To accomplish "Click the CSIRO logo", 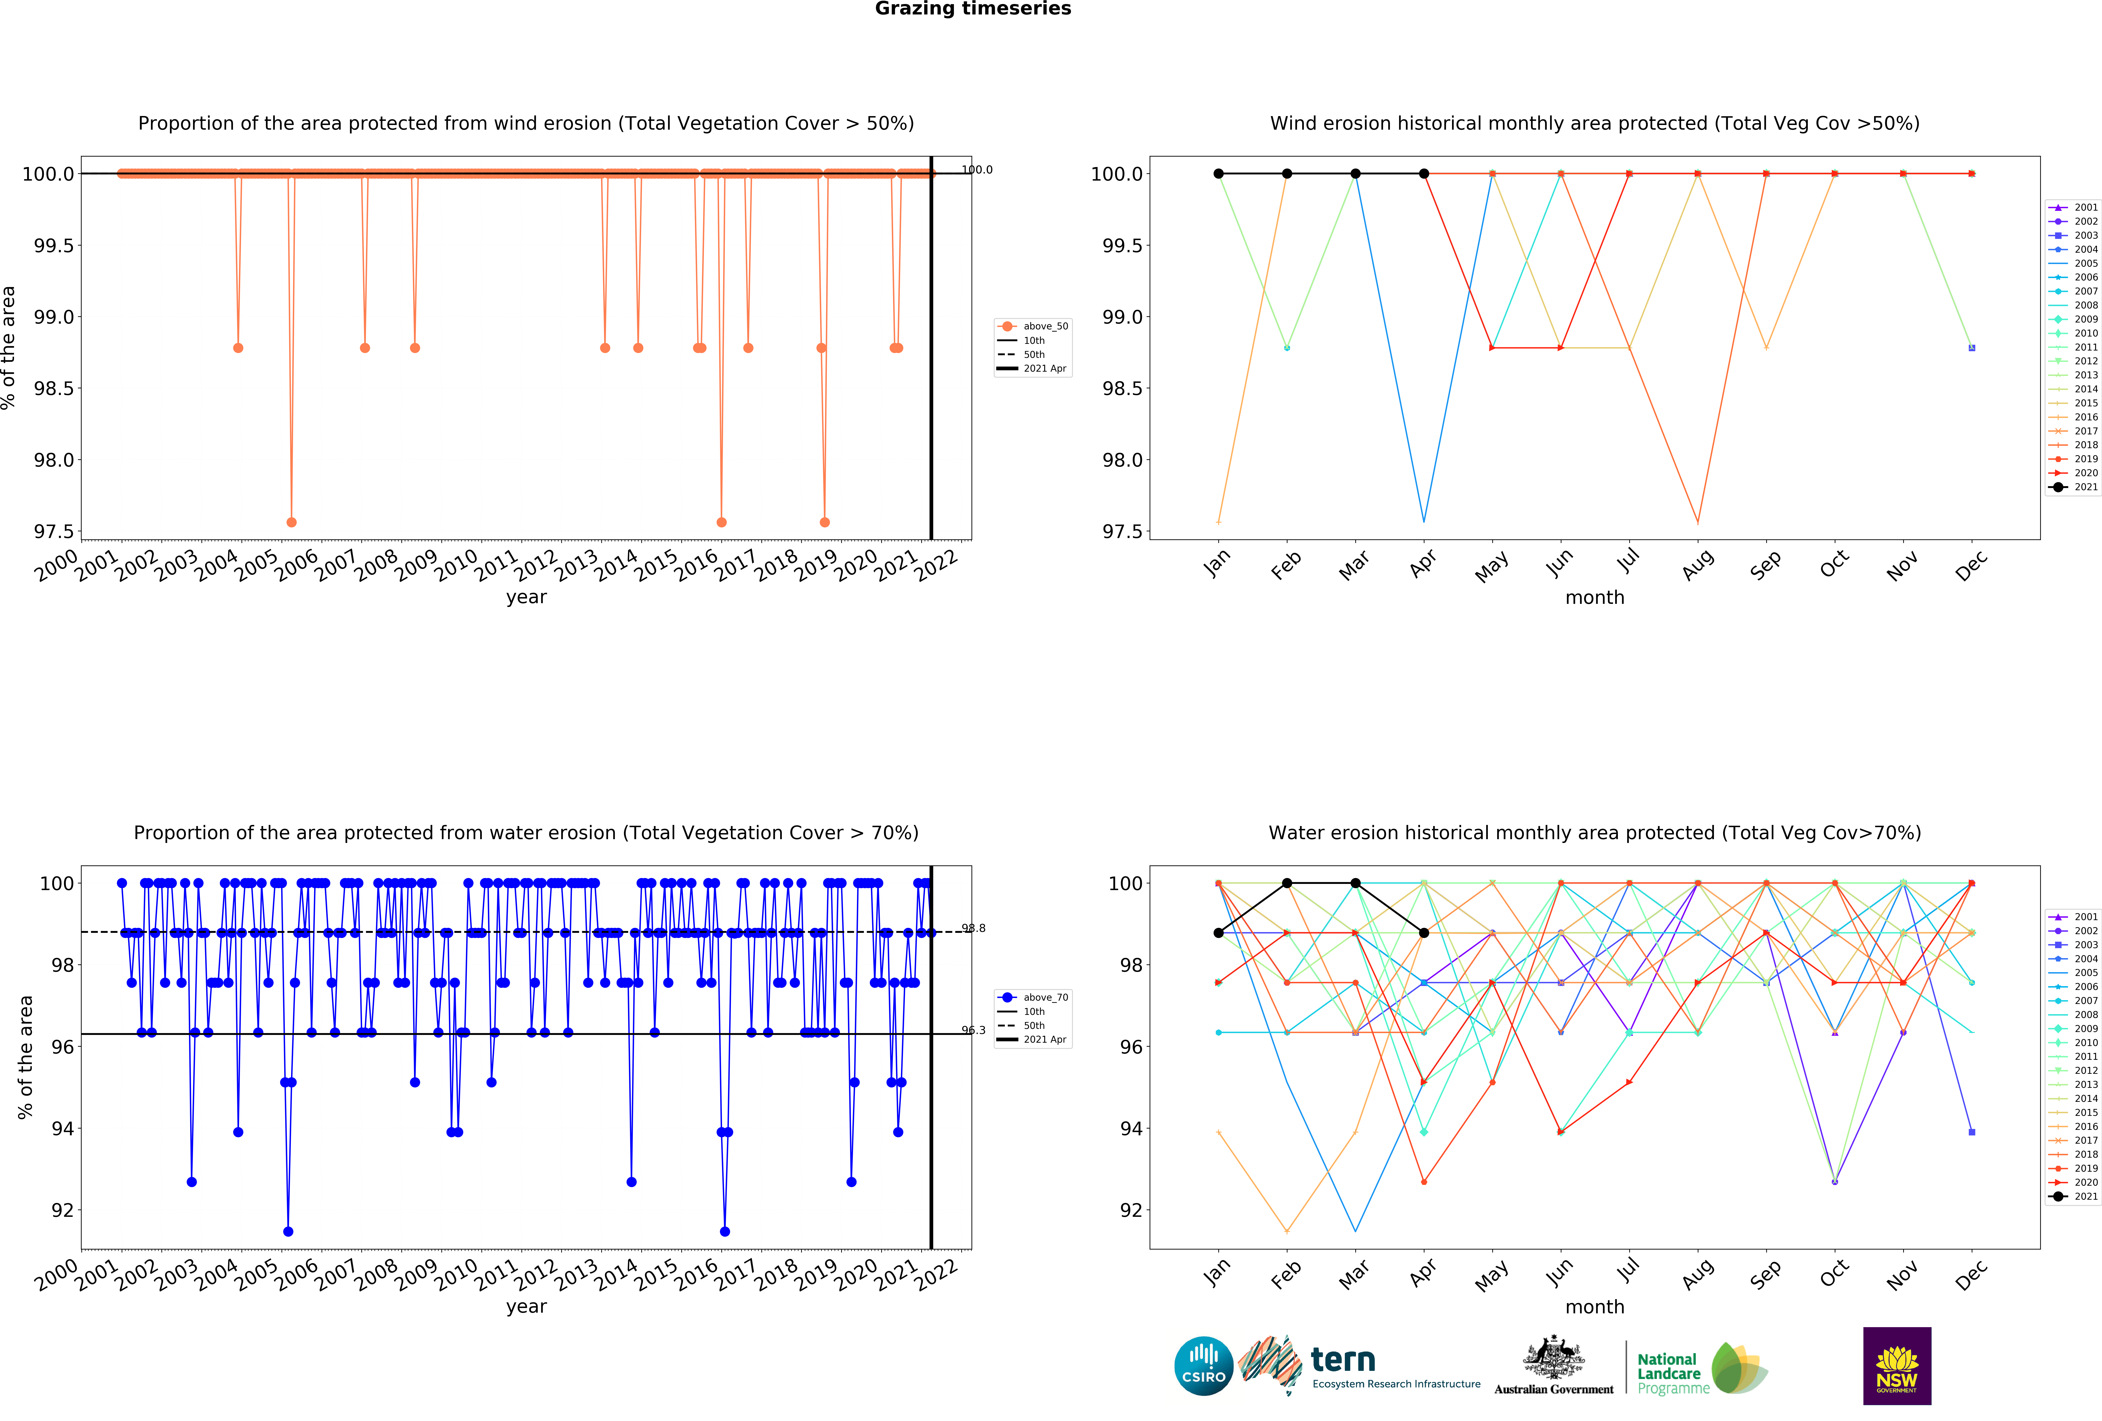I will click(x=1203, y=1366).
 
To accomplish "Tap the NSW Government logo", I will click(x=1897, y=1366).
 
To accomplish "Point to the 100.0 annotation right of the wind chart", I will click(x=977, y=170).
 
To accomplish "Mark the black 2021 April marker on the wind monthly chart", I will click(x=1424, y=174).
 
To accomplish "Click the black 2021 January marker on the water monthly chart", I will click(x=1218, y=933).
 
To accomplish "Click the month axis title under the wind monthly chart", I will click(x=1595, y=598).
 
